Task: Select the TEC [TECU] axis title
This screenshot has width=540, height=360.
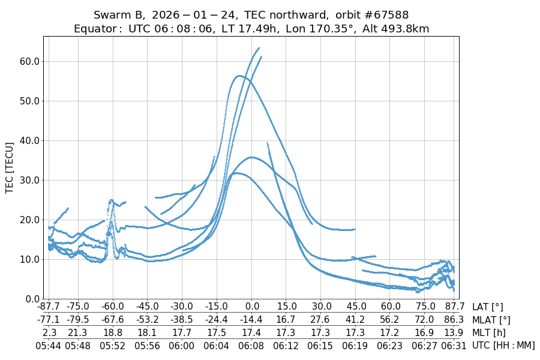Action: coord(10,167)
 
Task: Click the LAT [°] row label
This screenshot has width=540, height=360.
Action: coord(489,307)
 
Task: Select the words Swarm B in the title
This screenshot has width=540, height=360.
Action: coord(118,14)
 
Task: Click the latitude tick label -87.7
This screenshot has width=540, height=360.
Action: coord(49,307)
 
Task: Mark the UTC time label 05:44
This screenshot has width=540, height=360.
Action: coord(49,345)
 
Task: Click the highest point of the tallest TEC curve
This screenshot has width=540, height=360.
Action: coord(259,48)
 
